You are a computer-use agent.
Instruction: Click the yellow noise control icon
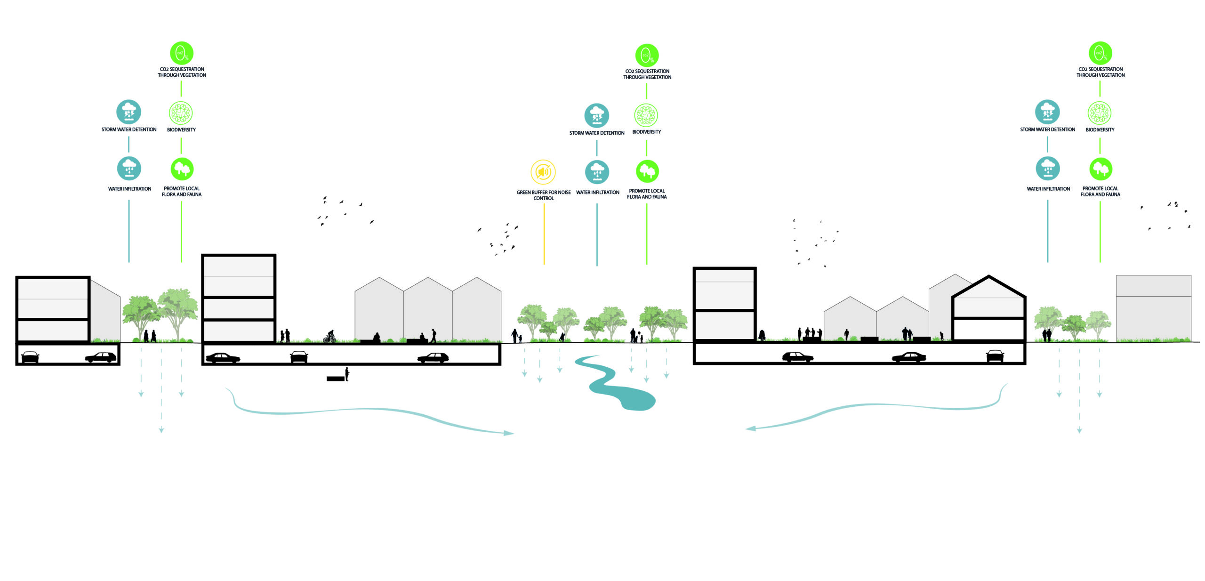pyautogui.click(x=543, y=172)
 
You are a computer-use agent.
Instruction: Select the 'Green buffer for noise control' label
pyautogui.click(x=544, y=195)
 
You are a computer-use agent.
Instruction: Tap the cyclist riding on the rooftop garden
pyautogui.click(x=329, y=336)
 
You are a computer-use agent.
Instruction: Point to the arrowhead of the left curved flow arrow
pyautogui.click(x=508, y=433)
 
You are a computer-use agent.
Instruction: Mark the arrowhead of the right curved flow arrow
pyautogui.click(x=750, y=428)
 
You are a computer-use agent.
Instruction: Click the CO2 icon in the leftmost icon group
pyautogui.click(x=182, y=53)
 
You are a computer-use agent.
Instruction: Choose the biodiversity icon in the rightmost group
pyautogui.click(x=1100, y=113)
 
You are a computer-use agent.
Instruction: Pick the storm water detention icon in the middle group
pyautogui.click(x=597, y=115)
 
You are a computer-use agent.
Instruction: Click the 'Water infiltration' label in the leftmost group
pyautogui.click(x=129, y=189)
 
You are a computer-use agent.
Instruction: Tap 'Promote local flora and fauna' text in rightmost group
pyautogui.click(x=1100, y=191)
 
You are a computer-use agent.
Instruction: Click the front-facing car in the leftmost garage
pyautogui.click(x=30, y=357)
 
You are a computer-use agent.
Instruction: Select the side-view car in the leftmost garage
pyautogui.click(x=101, y=357)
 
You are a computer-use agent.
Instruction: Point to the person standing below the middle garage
pyautogui.click(x=347, y=374)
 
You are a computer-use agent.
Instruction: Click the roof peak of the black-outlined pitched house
pyautogui.click(x=989, y=276)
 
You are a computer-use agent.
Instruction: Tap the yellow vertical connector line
pyautogui.click(x=544, y=234)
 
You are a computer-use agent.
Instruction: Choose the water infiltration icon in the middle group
pyautogui.click(x=597, y=172)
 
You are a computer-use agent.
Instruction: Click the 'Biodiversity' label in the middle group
pyautogui.click(x=646, y=132)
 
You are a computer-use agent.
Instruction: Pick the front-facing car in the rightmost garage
pyautogui.click(x=995, y=355)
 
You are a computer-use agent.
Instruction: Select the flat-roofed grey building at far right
pyautogui.click(x=1154, y=308)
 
